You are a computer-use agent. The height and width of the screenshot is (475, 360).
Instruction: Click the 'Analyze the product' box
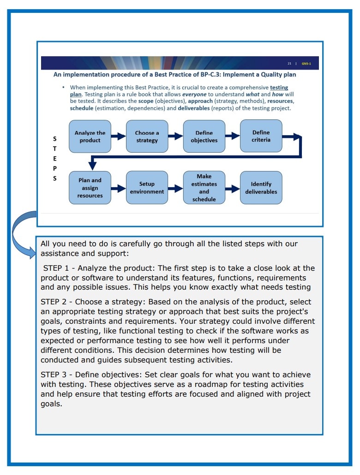pyautogui.click(x=90, y=137)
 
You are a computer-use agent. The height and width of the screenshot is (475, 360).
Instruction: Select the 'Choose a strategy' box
pyautogui.click(x=147, y=137)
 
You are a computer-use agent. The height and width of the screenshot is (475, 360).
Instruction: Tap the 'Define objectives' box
pyautogui.click(x=204, y=137)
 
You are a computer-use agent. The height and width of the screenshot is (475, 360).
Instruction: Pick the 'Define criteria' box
pyautogui.click(x=261, y=136)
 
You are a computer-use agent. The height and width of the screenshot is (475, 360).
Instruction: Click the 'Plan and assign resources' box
pyautogui.click(x=90, y=188)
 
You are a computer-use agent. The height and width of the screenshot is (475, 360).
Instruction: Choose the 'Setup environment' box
pyautogui.click(x=147, y=188)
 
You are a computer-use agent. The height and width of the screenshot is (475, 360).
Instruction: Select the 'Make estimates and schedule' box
pyautogui.click(x=204, y=188)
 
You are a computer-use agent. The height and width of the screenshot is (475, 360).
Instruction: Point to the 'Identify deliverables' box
pyautogui.click(x=261, y=188)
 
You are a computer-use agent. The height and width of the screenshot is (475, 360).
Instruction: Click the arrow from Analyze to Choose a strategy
pyautogui.click(x=118, y=137)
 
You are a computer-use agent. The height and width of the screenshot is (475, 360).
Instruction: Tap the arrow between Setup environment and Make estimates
pyautogui.click(x=175, y=188)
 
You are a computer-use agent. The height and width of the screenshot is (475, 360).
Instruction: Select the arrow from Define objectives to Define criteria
pyautogui.click(x=232, y=136)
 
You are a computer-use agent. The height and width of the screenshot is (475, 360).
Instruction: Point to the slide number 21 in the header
pyautogui.click(x=289, y=64)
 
